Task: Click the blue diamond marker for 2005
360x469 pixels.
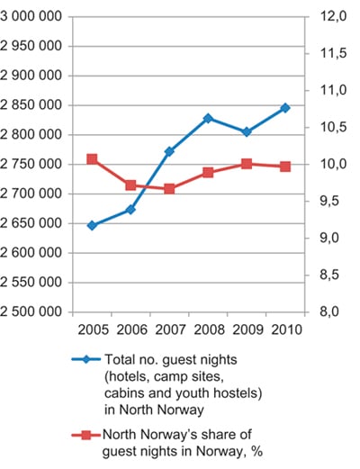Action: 92,225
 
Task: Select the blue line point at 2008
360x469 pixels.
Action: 208,118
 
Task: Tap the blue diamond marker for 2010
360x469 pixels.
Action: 285,108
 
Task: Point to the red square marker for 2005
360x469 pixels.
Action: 92,159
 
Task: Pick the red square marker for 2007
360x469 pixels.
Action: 169,188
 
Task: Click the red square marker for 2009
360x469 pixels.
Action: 247,164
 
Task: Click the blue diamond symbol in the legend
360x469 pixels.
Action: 86,359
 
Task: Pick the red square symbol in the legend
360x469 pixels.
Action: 86,435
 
